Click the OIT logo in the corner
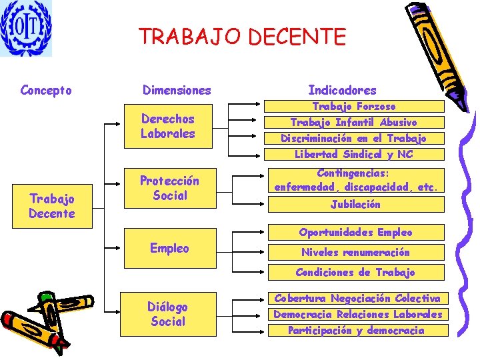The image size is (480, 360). pyautogui.click(x=26, y=28)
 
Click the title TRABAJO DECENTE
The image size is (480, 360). pyautogui.click(x=243, y=37)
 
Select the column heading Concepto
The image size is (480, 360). pyautogui.click(x=46, y=90)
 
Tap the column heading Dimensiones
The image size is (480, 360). pyautogui.click(x=177, y=90)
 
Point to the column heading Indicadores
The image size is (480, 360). pyautogui.click(x=342, y=90)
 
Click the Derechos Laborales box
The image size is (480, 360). pyautogui.click(x=168, y=126)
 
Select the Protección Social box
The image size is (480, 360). pyautogui.click(x=169, y=188)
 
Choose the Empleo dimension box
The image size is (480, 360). pyautogui.click(x=169, y=248)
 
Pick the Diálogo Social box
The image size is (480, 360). pyautogui.click(x=168, y=314)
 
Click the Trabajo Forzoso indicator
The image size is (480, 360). pyautogui.click(x=354, y=106)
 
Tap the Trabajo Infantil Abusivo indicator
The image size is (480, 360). pyautogui.click(x=354, y=122)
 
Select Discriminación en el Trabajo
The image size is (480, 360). pyautogui.click(x=354, y=138)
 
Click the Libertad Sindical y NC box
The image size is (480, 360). pyautogui.click(x=354, y=154)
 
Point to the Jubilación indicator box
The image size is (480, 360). pyautogui.click(x=355, y=204)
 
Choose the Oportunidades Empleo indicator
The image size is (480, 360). pyautogui.click(x=355, y=232)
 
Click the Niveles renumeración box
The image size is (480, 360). pyautogui.click(x=355, y=252)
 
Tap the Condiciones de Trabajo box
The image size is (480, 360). pyautogui.click(x=355, y=272)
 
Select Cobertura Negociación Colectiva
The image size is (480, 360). pyautogui.click(x=357, y=298)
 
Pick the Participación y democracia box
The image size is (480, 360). pyautogui.click(x=357, y=330)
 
